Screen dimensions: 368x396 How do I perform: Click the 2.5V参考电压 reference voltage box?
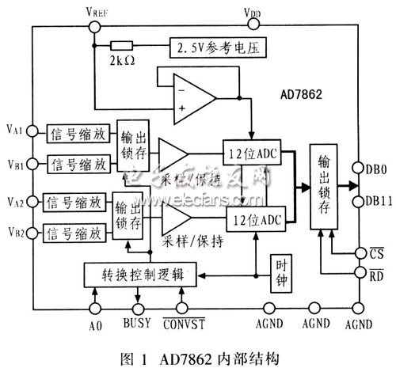coord(216,49)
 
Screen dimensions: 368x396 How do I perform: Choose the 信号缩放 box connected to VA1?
coord(78,131)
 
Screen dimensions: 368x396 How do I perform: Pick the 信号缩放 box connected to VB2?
coord(75,233)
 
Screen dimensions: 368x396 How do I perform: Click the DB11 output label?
coord(375,199)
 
